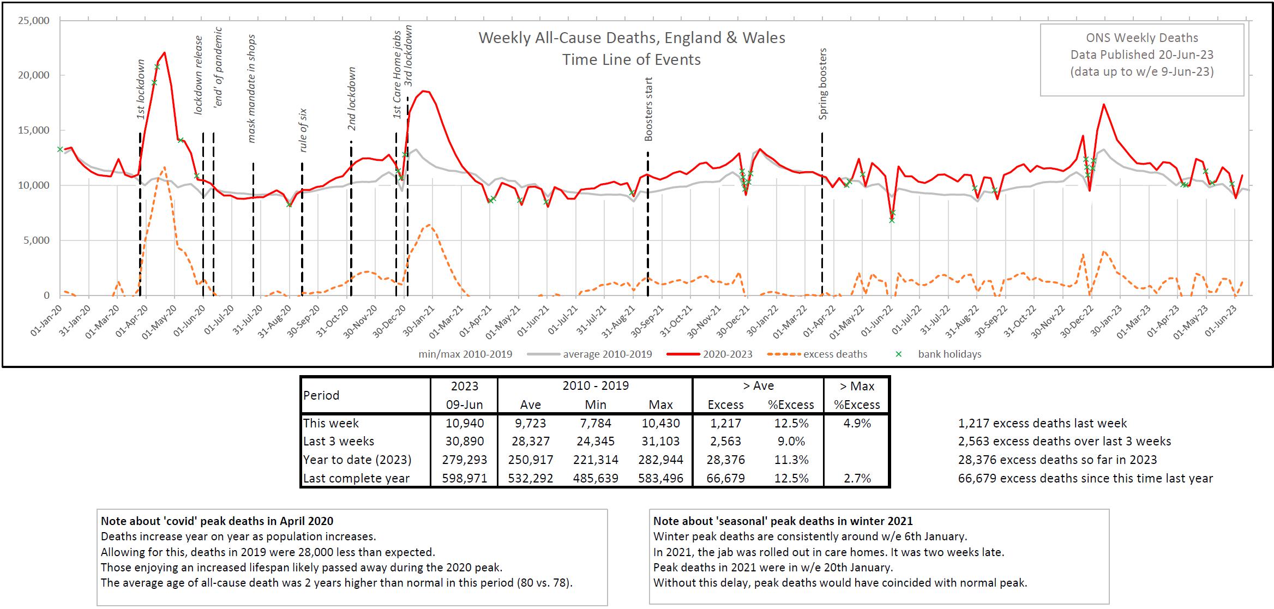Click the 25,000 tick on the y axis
point(34,21)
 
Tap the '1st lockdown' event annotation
point(141,89)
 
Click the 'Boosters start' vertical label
point(648,109)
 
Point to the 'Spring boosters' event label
point(823,84)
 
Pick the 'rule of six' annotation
point(303,130)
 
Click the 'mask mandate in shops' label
point(251,89)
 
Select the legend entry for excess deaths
point(834,354)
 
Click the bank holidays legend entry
point(949,354)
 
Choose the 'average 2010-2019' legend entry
point(607,354)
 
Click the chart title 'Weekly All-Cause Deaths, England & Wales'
point(632,38)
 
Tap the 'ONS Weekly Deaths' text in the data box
point(1142,38)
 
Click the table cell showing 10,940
point(465,423)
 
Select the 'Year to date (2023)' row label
point(357,460)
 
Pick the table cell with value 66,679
point(725,478)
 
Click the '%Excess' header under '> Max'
point(857,405)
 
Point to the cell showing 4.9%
point(857,423)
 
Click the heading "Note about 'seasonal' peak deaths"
point(783,521)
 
